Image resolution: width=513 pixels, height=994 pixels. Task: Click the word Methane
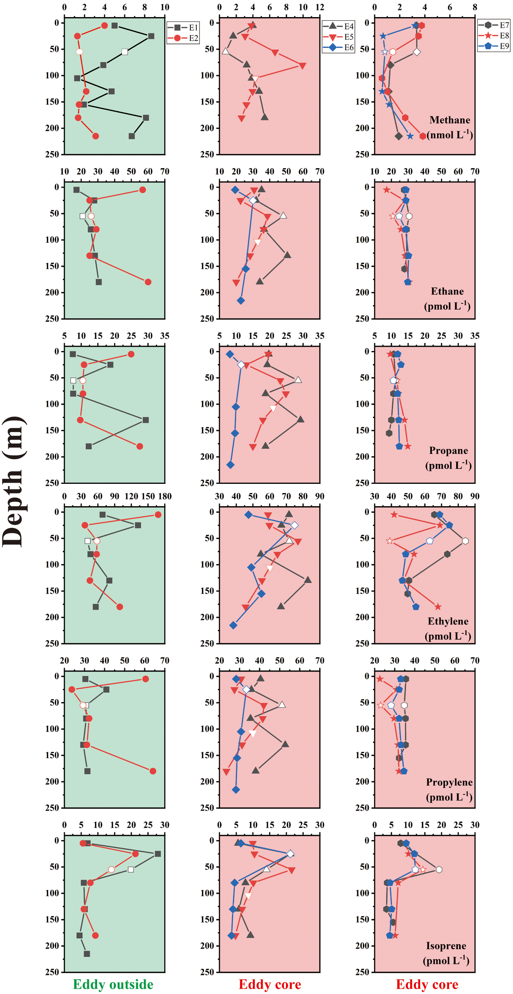449,120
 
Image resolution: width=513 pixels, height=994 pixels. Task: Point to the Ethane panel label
447,291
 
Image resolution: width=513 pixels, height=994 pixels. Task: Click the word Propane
448,450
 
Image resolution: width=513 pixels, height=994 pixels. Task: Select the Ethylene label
448,621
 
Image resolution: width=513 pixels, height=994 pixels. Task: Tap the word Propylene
449,782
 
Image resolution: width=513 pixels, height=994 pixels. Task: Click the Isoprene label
446,945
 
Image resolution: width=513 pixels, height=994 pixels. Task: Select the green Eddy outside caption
113,984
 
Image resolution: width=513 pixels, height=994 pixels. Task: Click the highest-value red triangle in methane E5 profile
302,66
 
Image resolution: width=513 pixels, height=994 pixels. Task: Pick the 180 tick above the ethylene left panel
165,496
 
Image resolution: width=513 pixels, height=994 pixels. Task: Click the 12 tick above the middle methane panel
319,7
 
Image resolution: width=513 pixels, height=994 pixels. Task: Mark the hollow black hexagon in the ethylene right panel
465,541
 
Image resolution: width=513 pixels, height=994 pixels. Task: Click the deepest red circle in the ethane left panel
148,282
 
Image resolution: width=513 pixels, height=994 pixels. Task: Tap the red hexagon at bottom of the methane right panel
423,136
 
